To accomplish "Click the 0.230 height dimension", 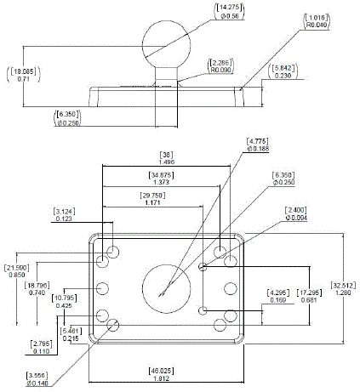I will point(283,77).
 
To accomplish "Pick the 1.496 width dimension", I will point(167,161).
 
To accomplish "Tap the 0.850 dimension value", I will point(15,274).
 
